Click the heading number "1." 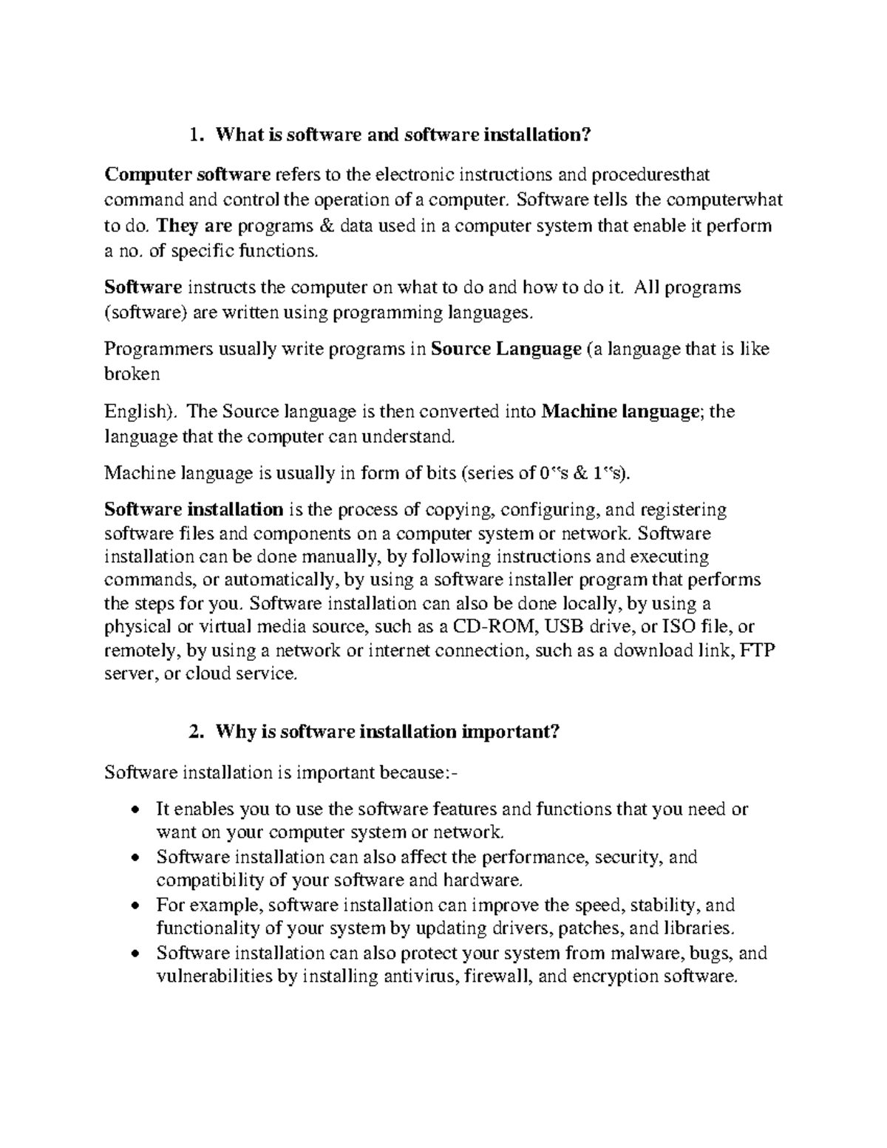point(195,135)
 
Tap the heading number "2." point(195,732)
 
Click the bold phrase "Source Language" point(506,349)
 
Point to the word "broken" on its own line point(132,374)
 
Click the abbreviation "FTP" point(757,651)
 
